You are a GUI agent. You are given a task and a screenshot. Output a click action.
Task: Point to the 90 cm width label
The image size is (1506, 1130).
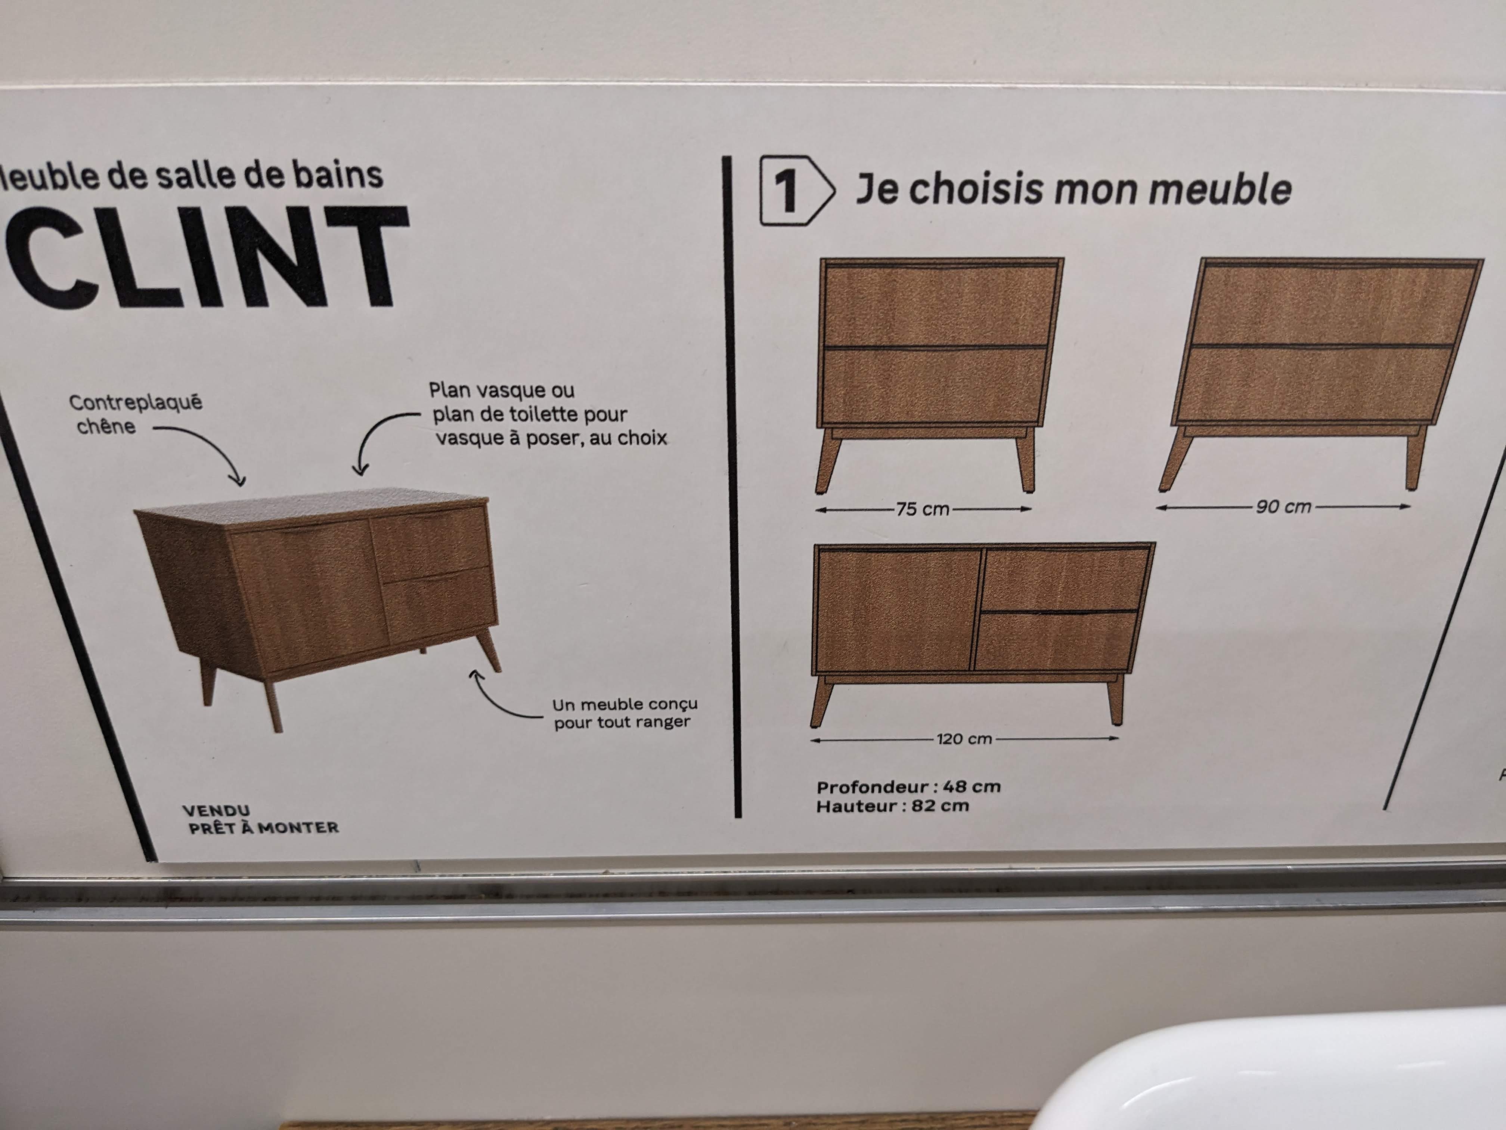click(x=1283, y=507)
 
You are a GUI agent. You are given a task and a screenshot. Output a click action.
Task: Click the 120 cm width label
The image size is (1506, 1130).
click(x=964, y=738)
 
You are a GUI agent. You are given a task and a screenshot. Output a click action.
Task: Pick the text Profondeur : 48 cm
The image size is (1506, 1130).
click(x=908, y=787)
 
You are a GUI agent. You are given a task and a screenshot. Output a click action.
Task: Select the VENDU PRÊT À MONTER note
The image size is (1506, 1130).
click(x=260, y=819)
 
